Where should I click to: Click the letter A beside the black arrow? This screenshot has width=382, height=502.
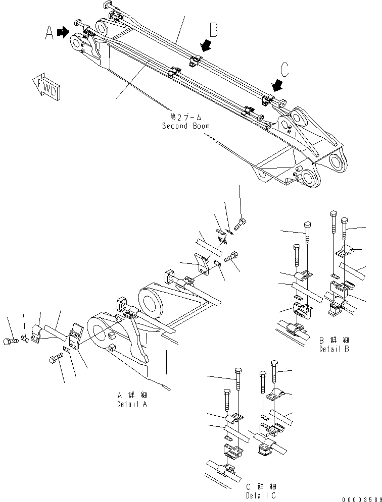[x=49, y=33]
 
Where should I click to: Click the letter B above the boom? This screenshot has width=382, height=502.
[x=213, y=30]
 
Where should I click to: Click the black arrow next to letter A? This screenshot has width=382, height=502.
[x=63, y=32]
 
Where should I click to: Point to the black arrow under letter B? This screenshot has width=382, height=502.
[x=205, y=47]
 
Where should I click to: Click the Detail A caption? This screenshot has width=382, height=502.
[x=132, y=404]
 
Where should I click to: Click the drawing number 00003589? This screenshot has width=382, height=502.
[x=360, y=498]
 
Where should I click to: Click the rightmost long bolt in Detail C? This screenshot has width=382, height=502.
[x=274, y=373]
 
